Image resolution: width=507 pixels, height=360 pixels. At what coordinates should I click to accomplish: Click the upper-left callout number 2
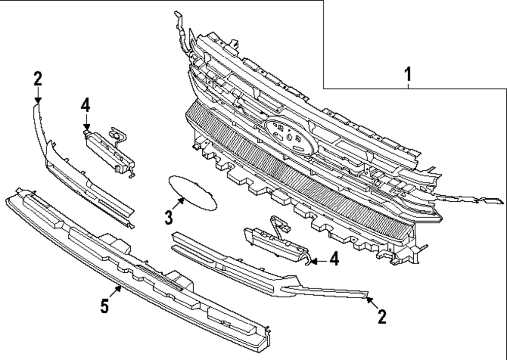[38, 79]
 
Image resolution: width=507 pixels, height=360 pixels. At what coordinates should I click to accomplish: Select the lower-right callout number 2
[382, 317]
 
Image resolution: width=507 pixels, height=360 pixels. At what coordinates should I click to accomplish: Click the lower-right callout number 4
[333, 260]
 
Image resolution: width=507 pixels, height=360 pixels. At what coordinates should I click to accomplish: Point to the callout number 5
[104, 306]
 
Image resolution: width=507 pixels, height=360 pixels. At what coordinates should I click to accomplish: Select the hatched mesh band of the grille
[304, 183]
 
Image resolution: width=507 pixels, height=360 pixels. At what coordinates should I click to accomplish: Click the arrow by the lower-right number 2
[371, 303]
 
